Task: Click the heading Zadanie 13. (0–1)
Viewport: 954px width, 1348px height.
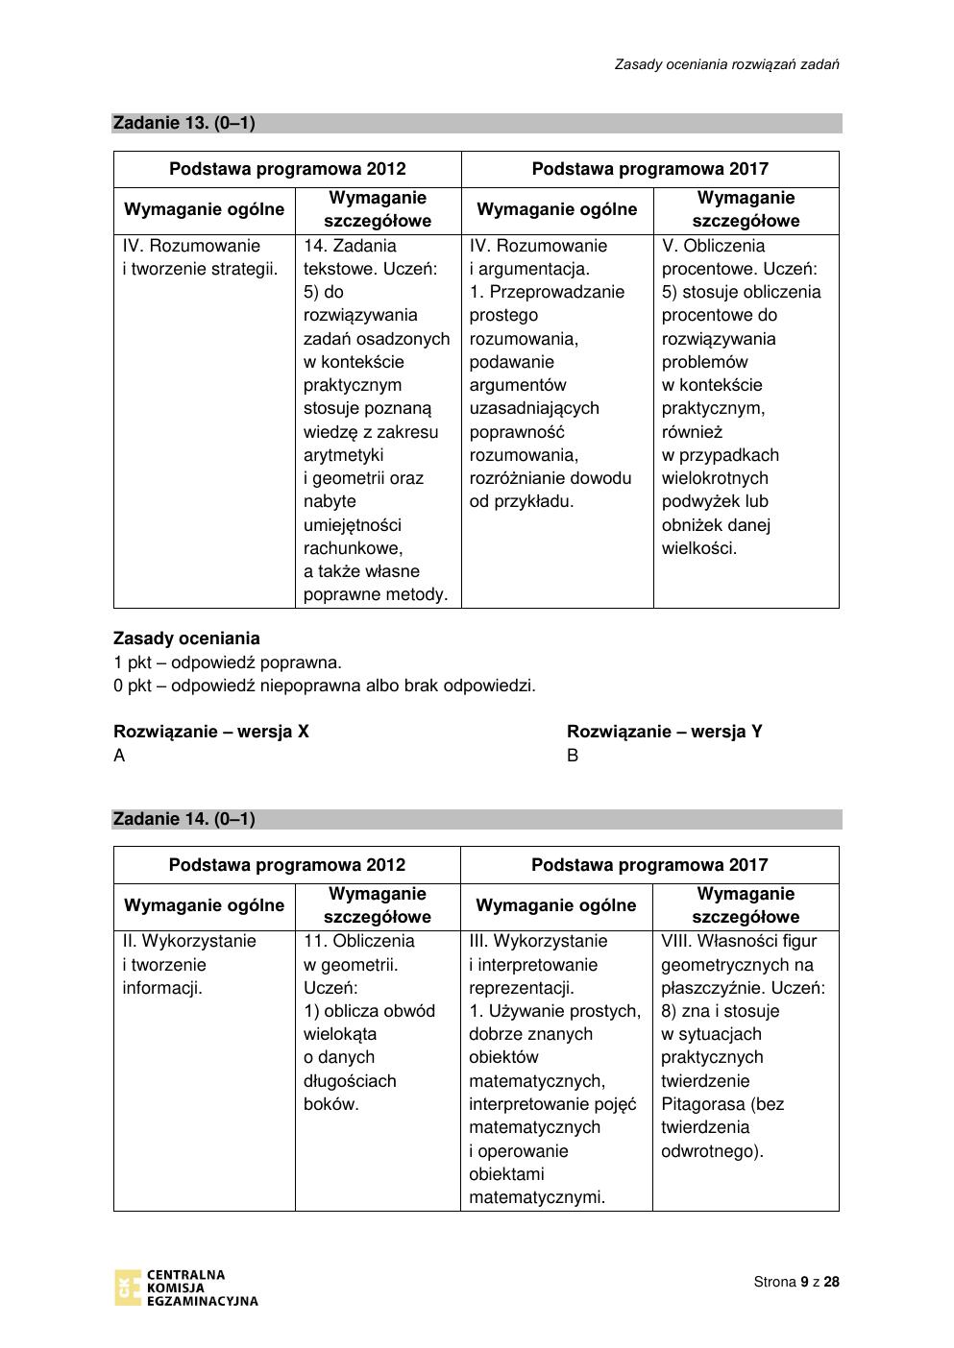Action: pyautogui.click(x=183, y=123)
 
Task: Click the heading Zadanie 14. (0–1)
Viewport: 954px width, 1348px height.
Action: pyautogui.click(x=183, y=819)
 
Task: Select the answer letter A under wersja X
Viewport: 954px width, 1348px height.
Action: pyautogui.click(x=119, y=756)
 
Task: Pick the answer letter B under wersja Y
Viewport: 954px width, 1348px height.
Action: pyautogui.click(x=573, y=756)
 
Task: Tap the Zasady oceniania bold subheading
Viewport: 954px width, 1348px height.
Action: pyautogui.click(x=186, y=638)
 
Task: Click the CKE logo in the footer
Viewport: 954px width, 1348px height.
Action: pyautogui.click(x=185, y=1288)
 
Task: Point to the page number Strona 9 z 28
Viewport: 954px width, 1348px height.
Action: pyautogui.click(x=796, y=1282)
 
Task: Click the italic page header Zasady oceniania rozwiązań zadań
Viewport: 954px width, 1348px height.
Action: pyautogui.click(x=727, y=64)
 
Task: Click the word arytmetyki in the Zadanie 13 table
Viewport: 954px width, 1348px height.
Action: pyautogui.click(x=343, y=455)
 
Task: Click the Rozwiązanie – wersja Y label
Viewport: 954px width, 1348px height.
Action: pyautogui.click(x=664, y=732)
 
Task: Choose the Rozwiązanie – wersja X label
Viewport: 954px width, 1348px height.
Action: pyautogui.click(x=211, y=732)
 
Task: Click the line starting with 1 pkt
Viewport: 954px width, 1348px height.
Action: pyautogui.click(x=227, y=662)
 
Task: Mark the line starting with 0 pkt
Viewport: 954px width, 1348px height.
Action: pyautogui.click(x=324, y=686)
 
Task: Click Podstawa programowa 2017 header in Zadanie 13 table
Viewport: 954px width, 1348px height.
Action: pyautogui.click(x=649, y=169)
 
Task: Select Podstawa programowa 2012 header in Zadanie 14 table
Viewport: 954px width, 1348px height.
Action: pyautogui.click(x=286, y=865)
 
